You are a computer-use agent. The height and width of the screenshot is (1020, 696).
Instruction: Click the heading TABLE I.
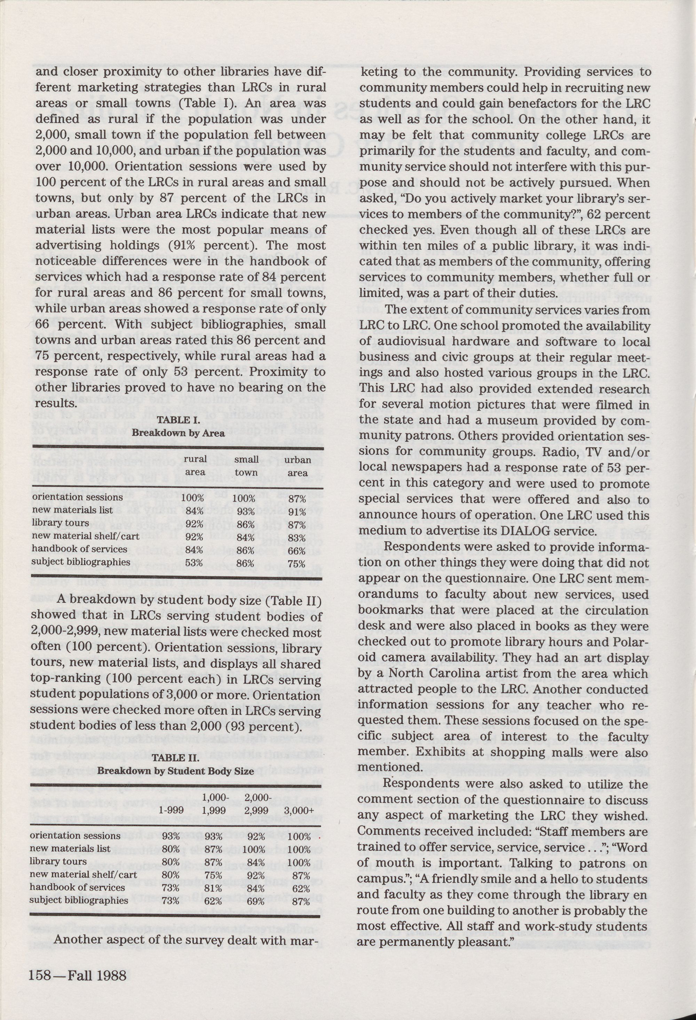point(178,420)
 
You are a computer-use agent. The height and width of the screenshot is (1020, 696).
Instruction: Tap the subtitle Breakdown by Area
point(178,433)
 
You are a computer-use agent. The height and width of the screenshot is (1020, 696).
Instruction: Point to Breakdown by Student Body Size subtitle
point(175,771)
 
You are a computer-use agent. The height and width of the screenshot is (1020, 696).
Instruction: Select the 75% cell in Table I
point(297,563)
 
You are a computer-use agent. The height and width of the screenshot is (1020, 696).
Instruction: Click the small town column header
point(246,466)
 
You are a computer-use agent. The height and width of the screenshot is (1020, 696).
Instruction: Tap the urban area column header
point(298,466)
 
